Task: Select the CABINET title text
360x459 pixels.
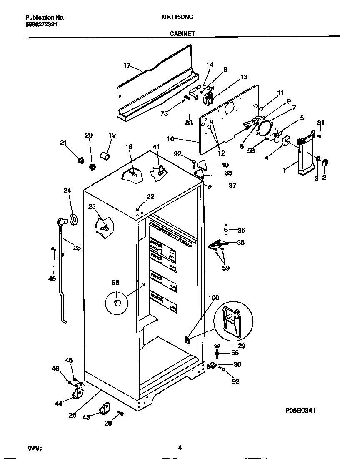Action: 182,34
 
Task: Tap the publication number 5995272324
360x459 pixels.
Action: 42,25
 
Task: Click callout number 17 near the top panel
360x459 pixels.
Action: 127,65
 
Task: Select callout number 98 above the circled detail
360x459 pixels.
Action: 115,283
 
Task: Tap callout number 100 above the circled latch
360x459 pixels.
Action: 213,298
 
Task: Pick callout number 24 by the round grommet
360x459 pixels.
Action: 67,191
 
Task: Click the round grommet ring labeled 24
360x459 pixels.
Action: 74,219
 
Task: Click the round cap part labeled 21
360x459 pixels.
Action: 81,160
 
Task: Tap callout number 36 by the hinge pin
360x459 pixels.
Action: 241,230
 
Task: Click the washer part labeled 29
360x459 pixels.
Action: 217,346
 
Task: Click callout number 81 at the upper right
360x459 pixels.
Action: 320,123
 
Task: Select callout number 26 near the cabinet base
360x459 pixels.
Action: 72,415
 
